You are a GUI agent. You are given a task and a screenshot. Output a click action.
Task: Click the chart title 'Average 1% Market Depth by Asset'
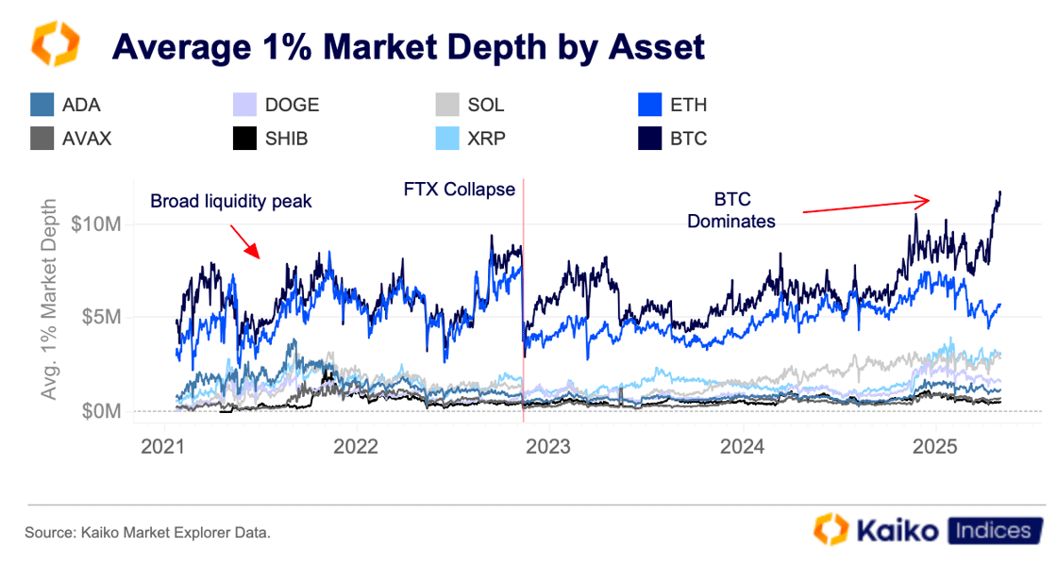pos(408,46)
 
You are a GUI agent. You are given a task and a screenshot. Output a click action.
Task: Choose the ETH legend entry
pos(688,105)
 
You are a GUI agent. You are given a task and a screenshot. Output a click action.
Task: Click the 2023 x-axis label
pos(549,445)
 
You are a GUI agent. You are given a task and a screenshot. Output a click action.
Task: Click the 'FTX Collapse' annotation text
pos(459,190)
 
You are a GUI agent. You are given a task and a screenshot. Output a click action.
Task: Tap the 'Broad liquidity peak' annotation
pos(230,201)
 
